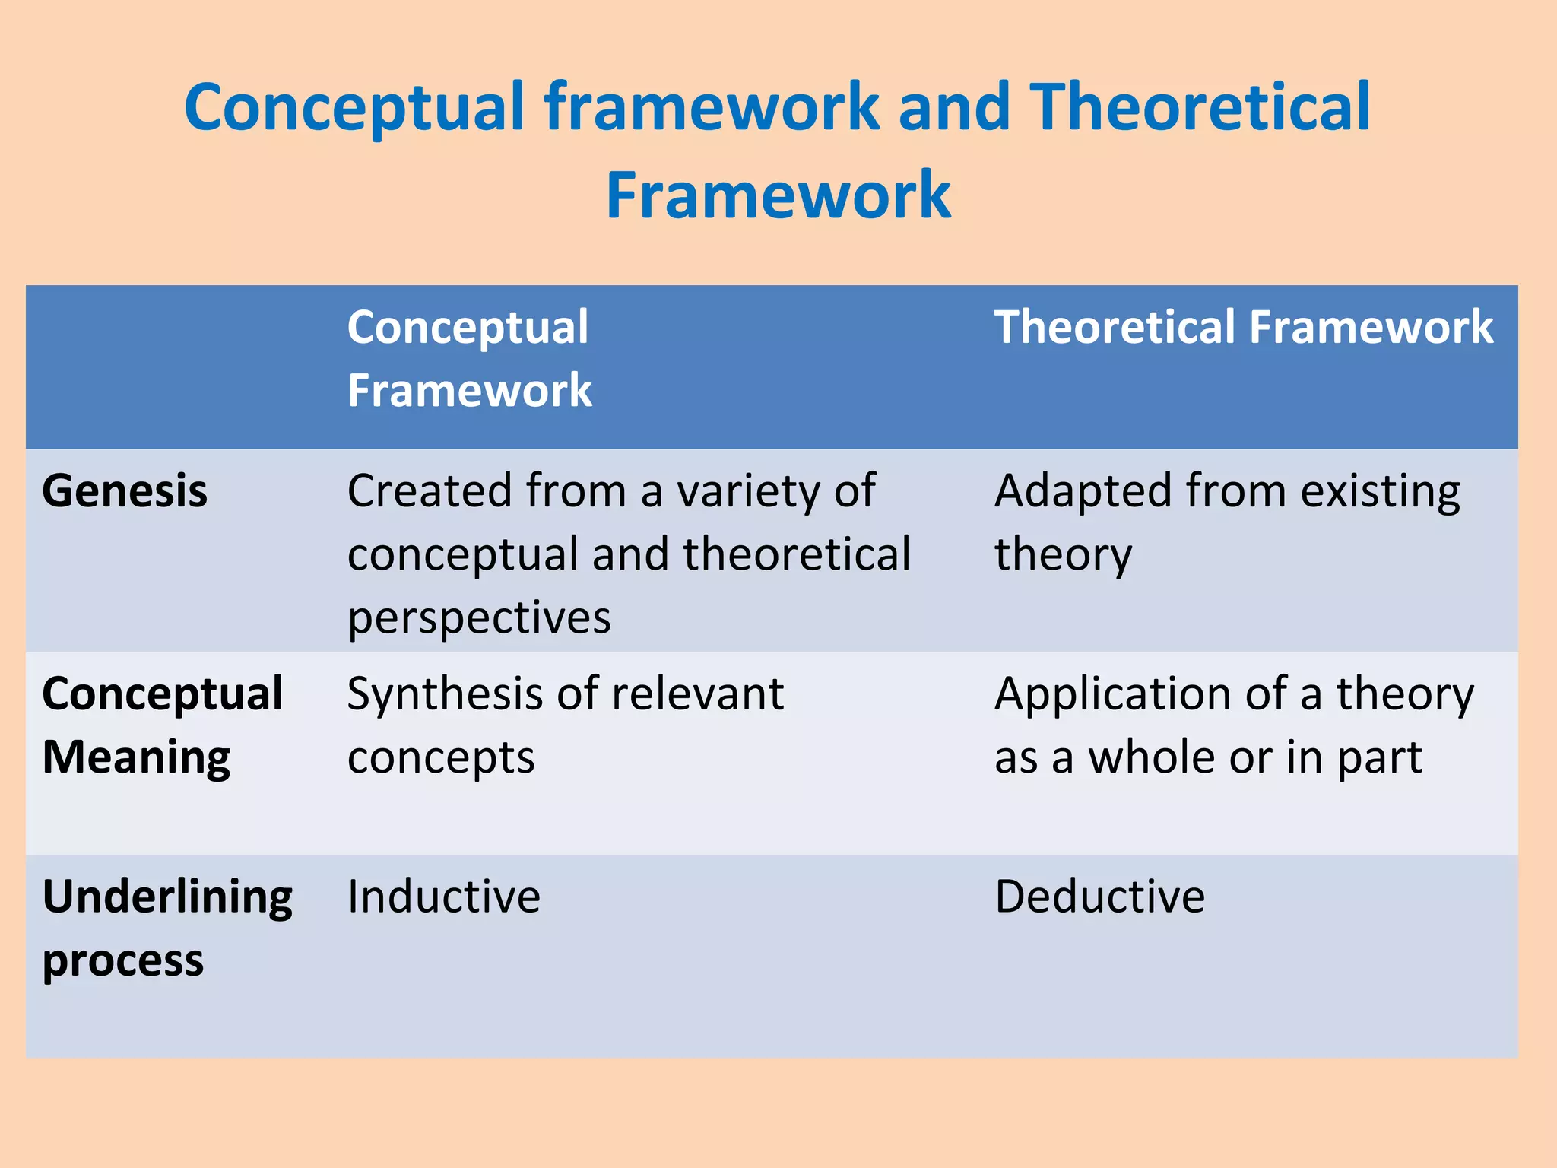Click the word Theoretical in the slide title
coord(1199,107)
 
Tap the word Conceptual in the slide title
coord(354,107)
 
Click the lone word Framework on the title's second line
coord(778,195)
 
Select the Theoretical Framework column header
coord(1244,327)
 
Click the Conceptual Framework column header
coord(469,358)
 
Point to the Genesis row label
coord(125,490)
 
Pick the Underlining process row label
coord(166,928)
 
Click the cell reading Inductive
coord(443,897)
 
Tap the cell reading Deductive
coord(1099,897)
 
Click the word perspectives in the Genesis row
coord(479,617)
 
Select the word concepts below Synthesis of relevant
coord(441,759)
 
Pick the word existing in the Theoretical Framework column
coord(1380,490)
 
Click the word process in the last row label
coord(123,961)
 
